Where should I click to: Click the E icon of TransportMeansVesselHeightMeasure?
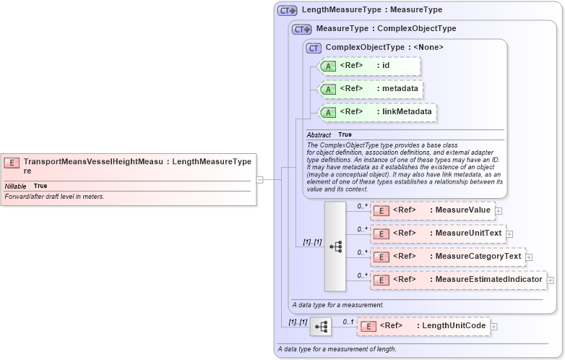tap(12, 163)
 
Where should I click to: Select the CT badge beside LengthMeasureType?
tap(288, 10)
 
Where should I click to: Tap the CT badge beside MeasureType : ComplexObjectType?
tap(302, 29)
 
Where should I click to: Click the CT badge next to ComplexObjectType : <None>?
tap(314, 48)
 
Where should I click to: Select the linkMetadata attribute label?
tap(407, 112)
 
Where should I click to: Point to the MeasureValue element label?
tap(460, 210)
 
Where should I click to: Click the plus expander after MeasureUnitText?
tap(509, 233)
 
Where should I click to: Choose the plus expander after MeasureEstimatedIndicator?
tap(551, 280)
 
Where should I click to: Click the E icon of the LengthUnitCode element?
tap(368, 327)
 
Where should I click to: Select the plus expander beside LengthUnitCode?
tap(494, 327)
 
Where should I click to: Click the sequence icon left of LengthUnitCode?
tap(320, 327)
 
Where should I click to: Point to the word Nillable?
tap(16, 186)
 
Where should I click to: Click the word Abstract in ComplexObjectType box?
tap(319, 135)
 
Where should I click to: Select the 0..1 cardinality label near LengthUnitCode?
tap(348, 322)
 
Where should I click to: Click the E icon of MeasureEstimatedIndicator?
tap(381, 280)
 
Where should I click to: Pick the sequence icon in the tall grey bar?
tap(335, 246)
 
